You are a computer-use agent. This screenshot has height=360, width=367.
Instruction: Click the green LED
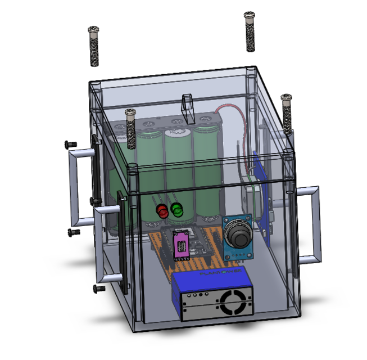(178, 211)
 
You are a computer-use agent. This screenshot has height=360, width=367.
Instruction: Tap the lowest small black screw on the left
(98, 288)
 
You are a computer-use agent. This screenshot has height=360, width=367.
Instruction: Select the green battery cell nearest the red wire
(206, 169)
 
